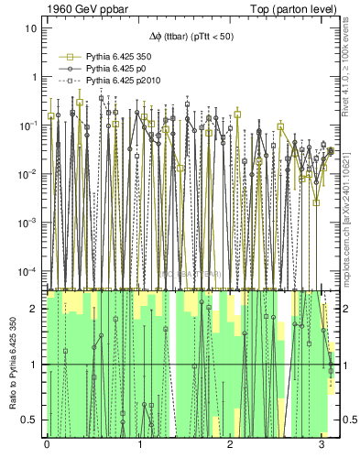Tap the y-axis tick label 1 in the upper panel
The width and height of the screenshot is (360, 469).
[34, 77]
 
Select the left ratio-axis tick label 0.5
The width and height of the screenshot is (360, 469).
[29, 420]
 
